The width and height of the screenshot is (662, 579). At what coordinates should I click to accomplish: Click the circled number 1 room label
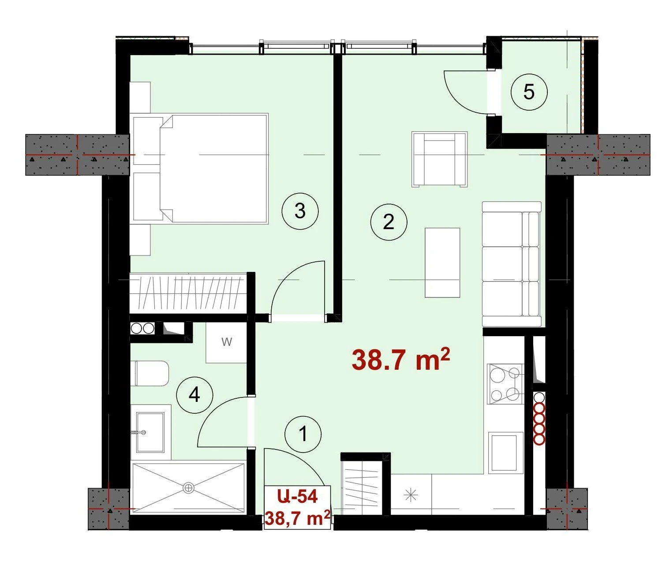[303, 434]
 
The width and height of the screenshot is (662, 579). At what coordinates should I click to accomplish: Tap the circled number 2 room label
[388, 222]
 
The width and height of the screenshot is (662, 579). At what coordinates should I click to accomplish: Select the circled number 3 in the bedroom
[300, 211]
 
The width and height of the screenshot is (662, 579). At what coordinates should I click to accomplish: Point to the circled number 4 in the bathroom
[194, 395]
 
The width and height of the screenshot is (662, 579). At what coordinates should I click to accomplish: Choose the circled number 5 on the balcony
[529, 92]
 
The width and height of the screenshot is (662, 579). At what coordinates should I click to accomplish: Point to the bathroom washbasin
[150, 432]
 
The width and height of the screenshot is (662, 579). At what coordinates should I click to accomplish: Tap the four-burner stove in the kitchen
[505, 384]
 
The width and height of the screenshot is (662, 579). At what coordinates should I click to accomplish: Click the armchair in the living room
[439, 159]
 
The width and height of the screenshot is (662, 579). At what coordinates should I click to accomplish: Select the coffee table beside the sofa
[442, 263]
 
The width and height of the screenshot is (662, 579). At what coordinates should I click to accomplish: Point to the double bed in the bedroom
[201, 168]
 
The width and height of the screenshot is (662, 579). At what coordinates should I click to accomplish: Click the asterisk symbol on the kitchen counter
[411, 495]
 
